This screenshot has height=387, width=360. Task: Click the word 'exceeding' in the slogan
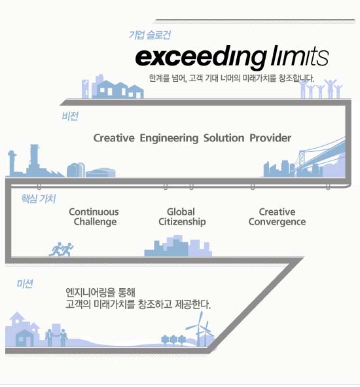pyautogui.click(x=201, y=58)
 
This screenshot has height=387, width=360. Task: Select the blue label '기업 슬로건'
pyautogui.click(x=149, y=35)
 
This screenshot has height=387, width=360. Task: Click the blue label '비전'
pyautogui.click(x=70, y=116)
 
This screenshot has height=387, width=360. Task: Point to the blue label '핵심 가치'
pyautogui.click(x=39, y=198)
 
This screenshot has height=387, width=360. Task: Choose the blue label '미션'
pyautogui.click(x=25, y=284)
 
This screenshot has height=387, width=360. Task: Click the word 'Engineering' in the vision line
pyautogui.click(x=169, y=138)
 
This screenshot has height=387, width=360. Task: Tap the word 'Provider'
pyautogui.click(x=270, y=138)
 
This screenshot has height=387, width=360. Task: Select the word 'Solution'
pyautogui.click(x=224, y=138)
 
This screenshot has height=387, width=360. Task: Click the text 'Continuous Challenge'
pyautogui.click(x=94, y=217)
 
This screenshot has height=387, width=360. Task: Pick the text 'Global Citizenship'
pyautogui.click(x=182, y=217)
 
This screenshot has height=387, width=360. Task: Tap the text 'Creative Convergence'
pyautogui.click(x=277, y=217)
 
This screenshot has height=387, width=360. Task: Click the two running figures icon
pyautogui.click(x=61, y=249)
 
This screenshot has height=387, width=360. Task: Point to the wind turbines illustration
pyautogui.click(x=200, y=329)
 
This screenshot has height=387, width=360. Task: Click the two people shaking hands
pyautogui.click(x=56, y=337)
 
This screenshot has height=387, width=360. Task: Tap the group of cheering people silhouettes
pyautogui.click(x=321, y=89)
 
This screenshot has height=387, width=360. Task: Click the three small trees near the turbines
pyautogui.click(x=173, y=340)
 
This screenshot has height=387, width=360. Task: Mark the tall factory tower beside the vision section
pyautogui.click(x=34, y=160)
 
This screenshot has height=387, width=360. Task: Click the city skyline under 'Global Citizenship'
pyautogui.click(x=178, y=246)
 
